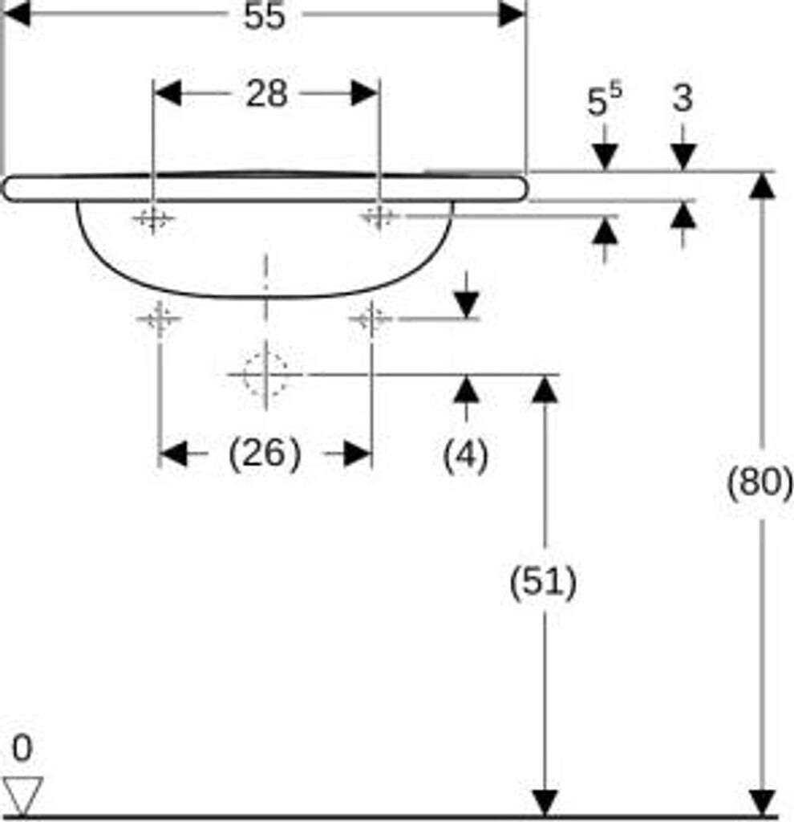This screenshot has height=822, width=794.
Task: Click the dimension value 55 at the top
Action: click(x=265, y=15)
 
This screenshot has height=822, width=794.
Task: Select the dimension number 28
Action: click(x=266, y=94)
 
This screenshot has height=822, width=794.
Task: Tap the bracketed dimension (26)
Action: click(x=265, y=454)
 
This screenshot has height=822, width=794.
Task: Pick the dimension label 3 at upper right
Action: click(x=683, y=100)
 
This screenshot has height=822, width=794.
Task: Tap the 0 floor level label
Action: click(x=22, y=749)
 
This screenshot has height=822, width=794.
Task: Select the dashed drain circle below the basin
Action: click(x=265, y=374)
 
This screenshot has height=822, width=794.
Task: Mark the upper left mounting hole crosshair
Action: click(x=152, y=218)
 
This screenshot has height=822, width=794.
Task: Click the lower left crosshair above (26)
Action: click(x=160, y=319)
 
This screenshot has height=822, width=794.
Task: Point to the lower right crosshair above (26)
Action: click(x=371, y=319)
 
